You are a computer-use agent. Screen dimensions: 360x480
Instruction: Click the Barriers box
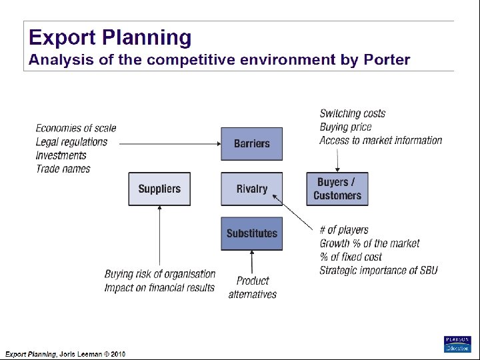251,144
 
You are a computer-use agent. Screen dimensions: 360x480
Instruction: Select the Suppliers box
159,189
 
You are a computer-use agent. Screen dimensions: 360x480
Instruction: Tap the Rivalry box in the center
251,189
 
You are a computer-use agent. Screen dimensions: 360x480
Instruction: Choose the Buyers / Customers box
337,189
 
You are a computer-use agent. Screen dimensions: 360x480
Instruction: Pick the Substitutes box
251,233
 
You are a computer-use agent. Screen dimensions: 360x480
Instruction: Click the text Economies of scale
75,128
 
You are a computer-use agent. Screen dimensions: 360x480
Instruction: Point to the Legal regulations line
71,141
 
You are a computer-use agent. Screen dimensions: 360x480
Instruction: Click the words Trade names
63,169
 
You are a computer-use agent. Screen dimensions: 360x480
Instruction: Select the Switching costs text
352,113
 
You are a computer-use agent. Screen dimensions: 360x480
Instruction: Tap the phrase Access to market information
381,140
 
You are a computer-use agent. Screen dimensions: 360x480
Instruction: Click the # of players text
343,230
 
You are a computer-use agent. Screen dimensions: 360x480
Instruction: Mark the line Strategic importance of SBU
378,270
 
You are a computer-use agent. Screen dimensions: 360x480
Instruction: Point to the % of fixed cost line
351,257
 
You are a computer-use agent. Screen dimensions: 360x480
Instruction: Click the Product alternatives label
253,287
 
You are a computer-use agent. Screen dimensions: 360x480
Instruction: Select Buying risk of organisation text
160,274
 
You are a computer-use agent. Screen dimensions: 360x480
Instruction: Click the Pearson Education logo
457,344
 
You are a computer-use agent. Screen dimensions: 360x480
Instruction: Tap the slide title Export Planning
109,37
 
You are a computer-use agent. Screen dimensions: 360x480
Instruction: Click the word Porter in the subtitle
387,60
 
